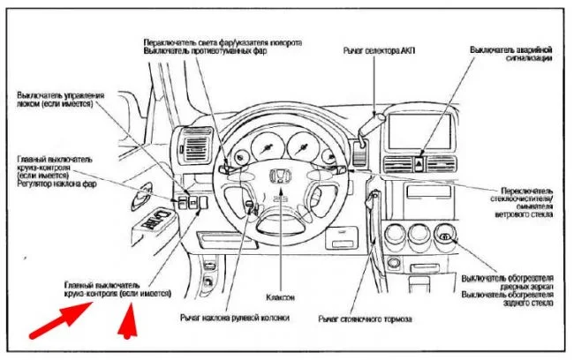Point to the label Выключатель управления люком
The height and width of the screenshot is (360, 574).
[60, 98]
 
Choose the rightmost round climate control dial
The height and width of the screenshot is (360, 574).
[446, 236]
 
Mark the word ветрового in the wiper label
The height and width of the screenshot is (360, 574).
[500, 214]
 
